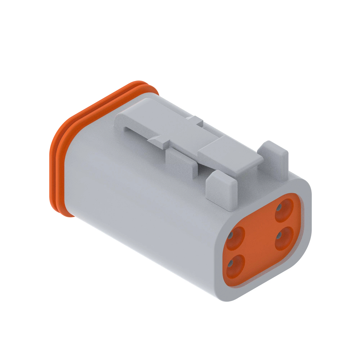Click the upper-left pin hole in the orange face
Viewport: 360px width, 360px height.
coord(235,238)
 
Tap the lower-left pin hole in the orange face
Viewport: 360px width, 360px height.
coord(235,265)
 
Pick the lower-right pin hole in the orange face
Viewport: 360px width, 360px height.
coord(283,238)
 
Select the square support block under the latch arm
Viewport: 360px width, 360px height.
coord(179,163)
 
